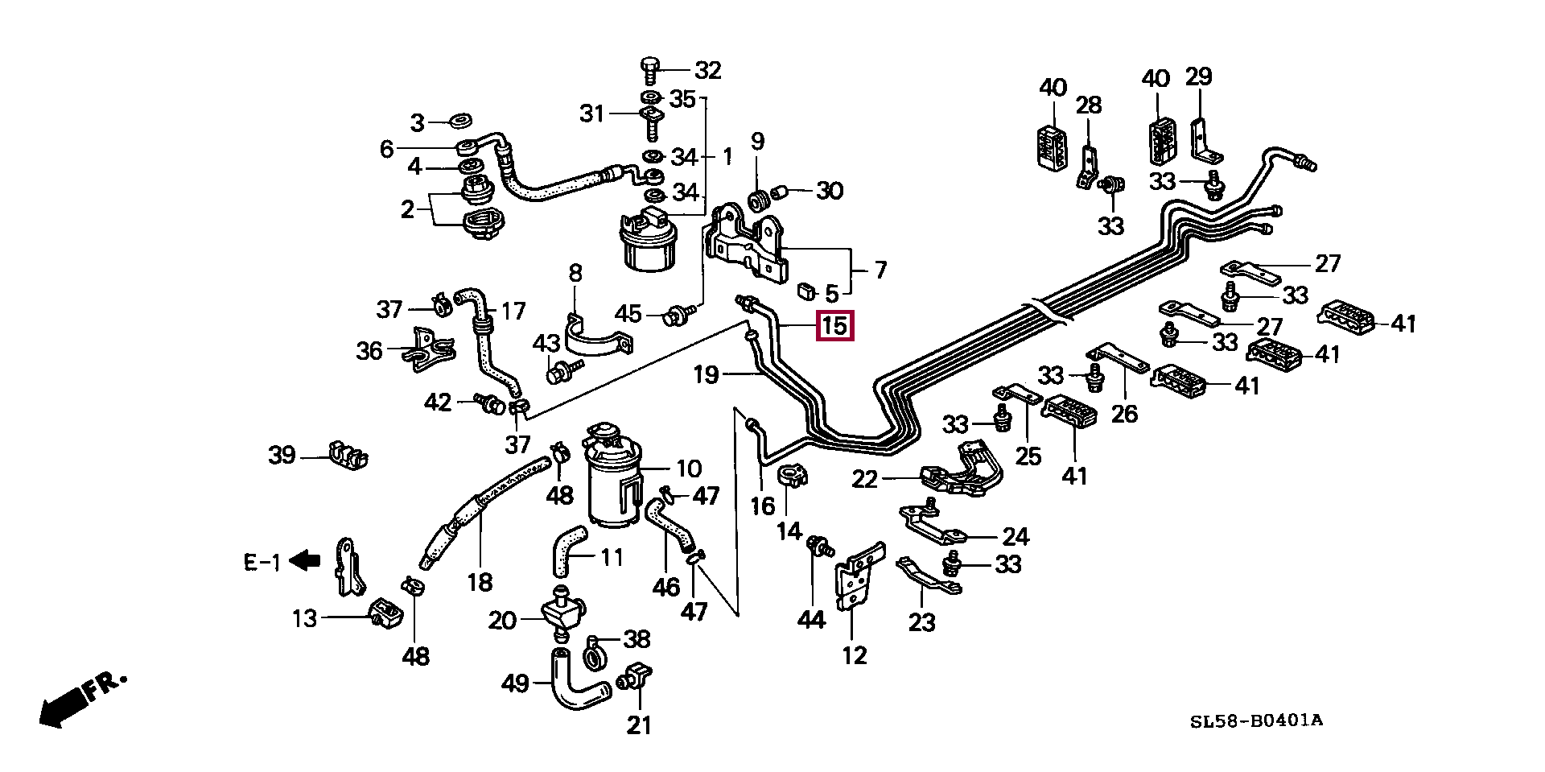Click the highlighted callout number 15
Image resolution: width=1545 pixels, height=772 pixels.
(834, 327)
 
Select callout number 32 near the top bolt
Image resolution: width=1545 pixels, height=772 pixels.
(708, 71)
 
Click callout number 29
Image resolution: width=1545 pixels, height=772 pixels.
(1199, 77)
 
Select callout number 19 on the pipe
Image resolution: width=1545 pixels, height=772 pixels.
(706, 374)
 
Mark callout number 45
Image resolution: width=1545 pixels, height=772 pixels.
(628, 313)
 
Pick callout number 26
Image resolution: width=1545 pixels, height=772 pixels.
(1124, 414)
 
